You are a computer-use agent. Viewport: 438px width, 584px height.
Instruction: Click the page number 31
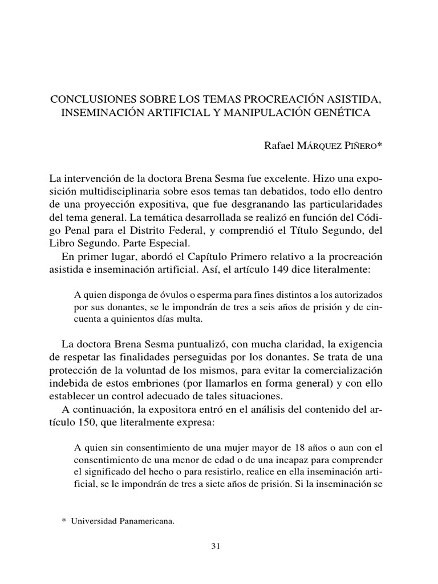click(216, 546)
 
